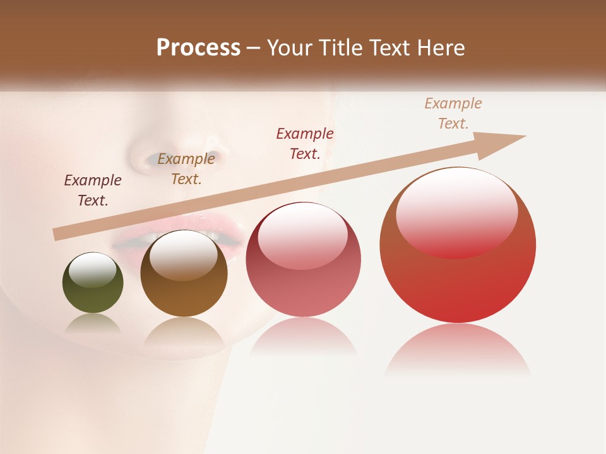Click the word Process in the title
click(198, 48)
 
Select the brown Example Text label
click(186, 169)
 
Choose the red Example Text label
click(305, 143)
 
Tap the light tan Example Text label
click(453, 113)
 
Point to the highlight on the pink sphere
click(302, 236)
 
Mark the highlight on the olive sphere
click(92, 270)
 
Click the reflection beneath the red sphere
click(458, 350)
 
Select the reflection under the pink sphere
click(303, 337)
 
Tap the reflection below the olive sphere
click(93, 324)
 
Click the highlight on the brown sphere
click(183, 254)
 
